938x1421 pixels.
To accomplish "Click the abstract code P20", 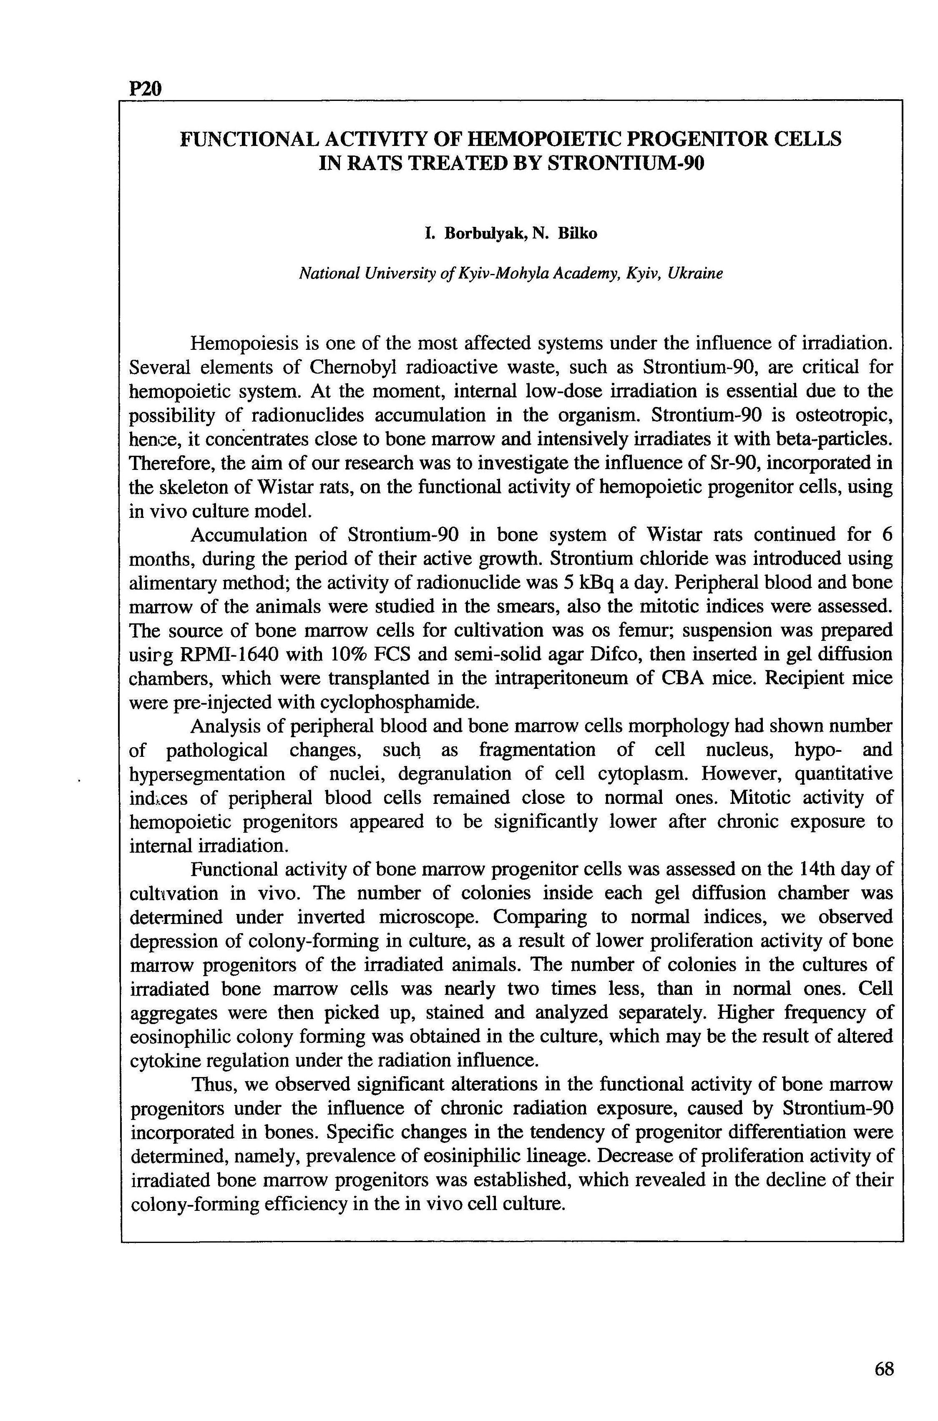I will point(146,89).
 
